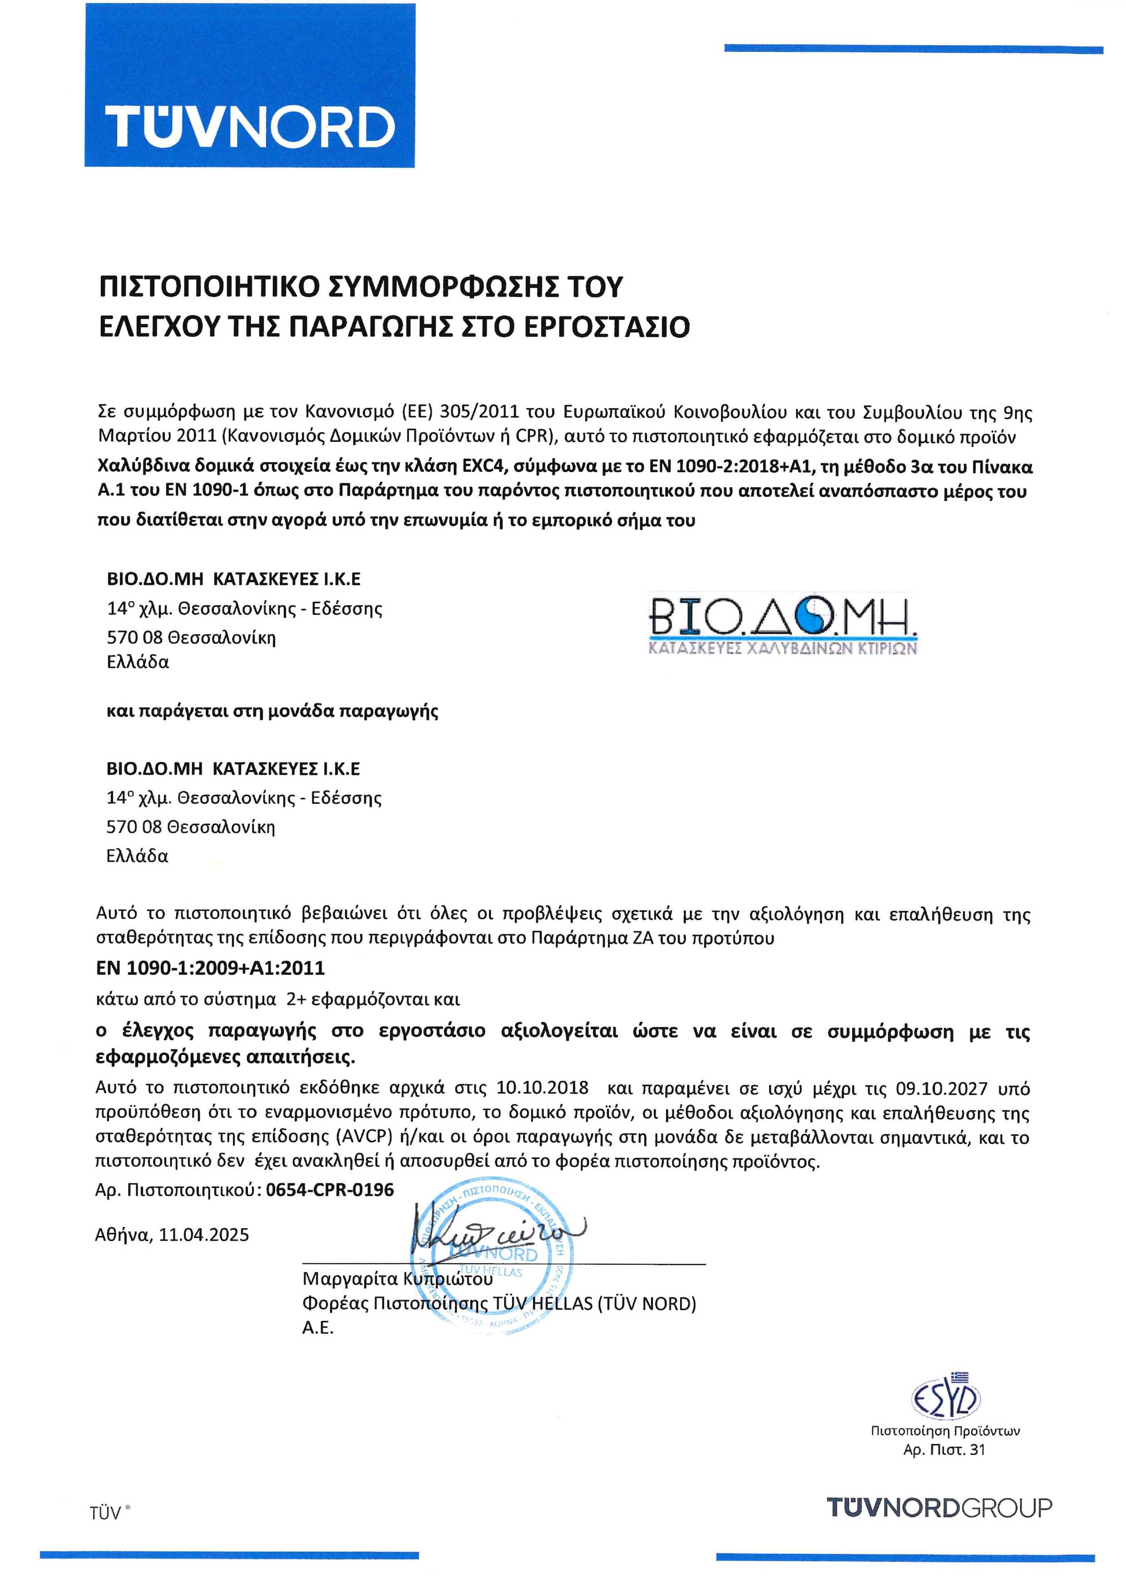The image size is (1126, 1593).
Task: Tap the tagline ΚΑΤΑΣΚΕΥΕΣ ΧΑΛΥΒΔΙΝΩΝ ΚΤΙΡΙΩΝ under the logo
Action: tap(782, 649)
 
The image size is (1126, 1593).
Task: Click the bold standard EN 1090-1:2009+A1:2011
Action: tap(210, 967)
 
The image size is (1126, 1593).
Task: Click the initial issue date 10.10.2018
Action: tap(543, 1087)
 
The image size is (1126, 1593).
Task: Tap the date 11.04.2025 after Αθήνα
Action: tap(204, 1235)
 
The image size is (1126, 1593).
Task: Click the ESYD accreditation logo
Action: tap(945, 1400)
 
